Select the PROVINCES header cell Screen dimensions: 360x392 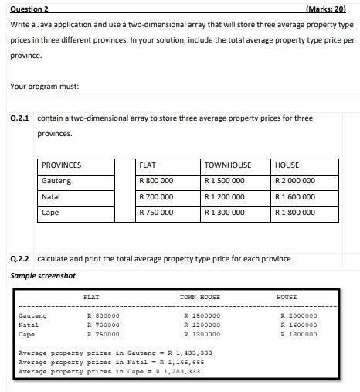(x=61, y=165)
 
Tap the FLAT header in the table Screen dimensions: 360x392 (x=147, y=165)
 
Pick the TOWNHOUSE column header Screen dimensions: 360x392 (x=228, y=165)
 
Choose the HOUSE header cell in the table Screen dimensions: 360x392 (x=287, y=165)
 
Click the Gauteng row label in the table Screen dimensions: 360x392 (x=56, y=181)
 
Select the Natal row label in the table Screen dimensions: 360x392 (x=51, y=197)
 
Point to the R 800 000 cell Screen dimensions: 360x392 (x=156, y=181)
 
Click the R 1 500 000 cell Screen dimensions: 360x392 (x=225, y=181)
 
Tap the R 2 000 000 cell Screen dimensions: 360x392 (x=295, y=181)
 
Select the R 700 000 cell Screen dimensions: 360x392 (x=156, y=197)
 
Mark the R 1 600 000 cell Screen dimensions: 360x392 (x=295, y=197)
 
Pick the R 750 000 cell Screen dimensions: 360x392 (x=156, y=213)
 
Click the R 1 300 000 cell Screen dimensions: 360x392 (x=225, y=213)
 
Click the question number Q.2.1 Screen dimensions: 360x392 (x=21, y=118)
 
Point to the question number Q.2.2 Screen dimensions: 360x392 (x=21, y=257)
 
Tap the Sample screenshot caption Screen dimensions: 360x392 (x=43, y=275)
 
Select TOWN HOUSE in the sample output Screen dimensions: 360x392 (x=199, y=297)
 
